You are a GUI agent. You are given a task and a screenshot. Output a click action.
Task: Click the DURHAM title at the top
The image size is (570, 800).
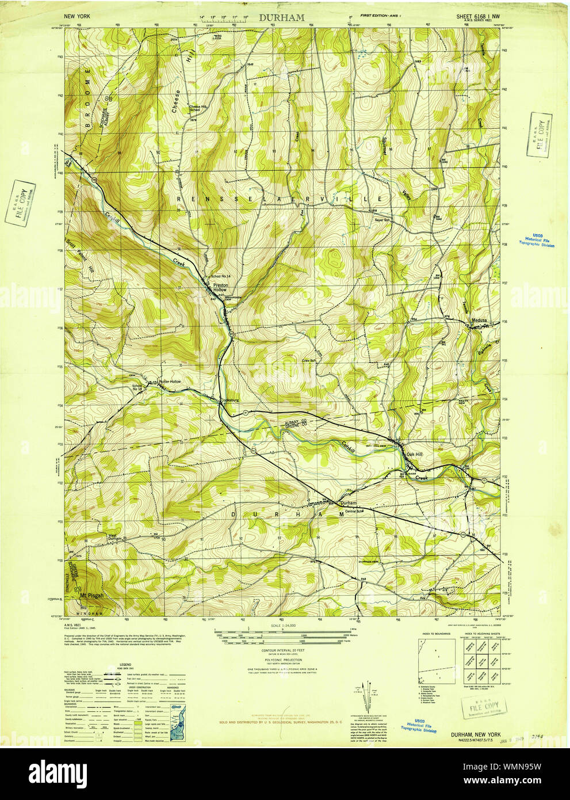(281, 18)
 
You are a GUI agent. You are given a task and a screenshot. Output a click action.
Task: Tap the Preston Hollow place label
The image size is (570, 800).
(221, 287)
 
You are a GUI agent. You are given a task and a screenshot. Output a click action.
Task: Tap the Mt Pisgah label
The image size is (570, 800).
(91, 595)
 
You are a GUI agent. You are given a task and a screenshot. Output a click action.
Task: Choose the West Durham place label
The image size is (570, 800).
(116, 538)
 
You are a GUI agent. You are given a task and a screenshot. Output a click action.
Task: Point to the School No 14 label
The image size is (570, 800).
(221, 277)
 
